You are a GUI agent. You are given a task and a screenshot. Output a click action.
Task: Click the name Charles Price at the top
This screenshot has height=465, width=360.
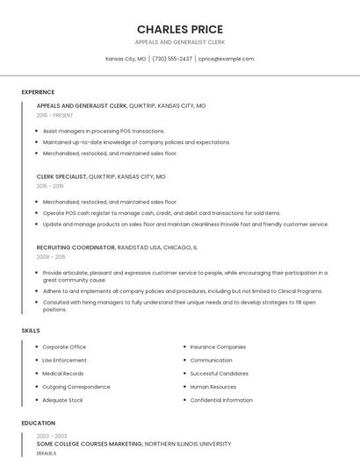point(180,29)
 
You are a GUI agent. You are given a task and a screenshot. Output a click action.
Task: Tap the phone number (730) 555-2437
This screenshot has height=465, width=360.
point(172,59)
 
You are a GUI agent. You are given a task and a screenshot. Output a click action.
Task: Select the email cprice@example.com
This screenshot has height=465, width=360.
point(226,59)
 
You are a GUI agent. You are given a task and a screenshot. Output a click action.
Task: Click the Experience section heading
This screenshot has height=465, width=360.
point(38,92)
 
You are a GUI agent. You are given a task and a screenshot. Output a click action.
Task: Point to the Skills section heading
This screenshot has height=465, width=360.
point(31,330)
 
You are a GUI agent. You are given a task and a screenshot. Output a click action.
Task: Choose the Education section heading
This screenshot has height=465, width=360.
point(39,423)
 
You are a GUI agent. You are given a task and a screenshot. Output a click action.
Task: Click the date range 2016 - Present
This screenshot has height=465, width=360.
point(55,115)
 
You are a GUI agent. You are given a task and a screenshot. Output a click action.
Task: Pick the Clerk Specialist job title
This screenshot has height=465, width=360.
point(61,176)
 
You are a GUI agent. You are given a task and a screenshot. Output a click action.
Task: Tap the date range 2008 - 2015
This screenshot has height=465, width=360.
point(51,257)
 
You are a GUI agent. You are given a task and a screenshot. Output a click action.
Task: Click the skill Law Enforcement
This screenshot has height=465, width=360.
point(64,360)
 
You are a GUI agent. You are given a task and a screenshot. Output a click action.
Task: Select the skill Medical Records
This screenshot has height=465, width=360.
point(62,373)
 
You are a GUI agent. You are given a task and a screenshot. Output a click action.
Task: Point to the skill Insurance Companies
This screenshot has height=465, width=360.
point(218,347)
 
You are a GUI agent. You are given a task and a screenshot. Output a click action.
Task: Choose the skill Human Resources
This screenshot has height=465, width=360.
point(212,386)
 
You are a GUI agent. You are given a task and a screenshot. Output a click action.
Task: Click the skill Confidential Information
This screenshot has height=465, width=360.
point(221,400)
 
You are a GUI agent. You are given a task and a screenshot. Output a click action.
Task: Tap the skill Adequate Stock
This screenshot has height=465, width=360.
point(62,400)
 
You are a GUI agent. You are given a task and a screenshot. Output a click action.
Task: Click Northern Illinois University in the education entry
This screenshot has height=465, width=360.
point(188,444)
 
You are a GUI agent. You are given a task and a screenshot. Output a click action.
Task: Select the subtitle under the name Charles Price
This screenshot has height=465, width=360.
point(180,41)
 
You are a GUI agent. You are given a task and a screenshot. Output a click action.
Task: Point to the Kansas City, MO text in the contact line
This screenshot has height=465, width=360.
point(126,59)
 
